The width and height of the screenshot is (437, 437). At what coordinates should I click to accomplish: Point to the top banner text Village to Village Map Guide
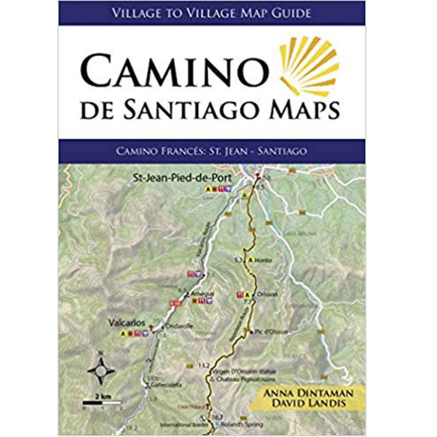coord(212,12)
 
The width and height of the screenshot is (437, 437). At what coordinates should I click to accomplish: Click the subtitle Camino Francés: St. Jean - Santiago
coord(212,149)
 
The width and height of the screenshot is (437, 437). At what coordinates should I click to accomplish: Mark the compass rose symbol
coord(101,371)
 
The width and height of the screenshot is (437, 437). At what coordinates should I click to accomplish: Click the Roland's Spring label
coord(246,424)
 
